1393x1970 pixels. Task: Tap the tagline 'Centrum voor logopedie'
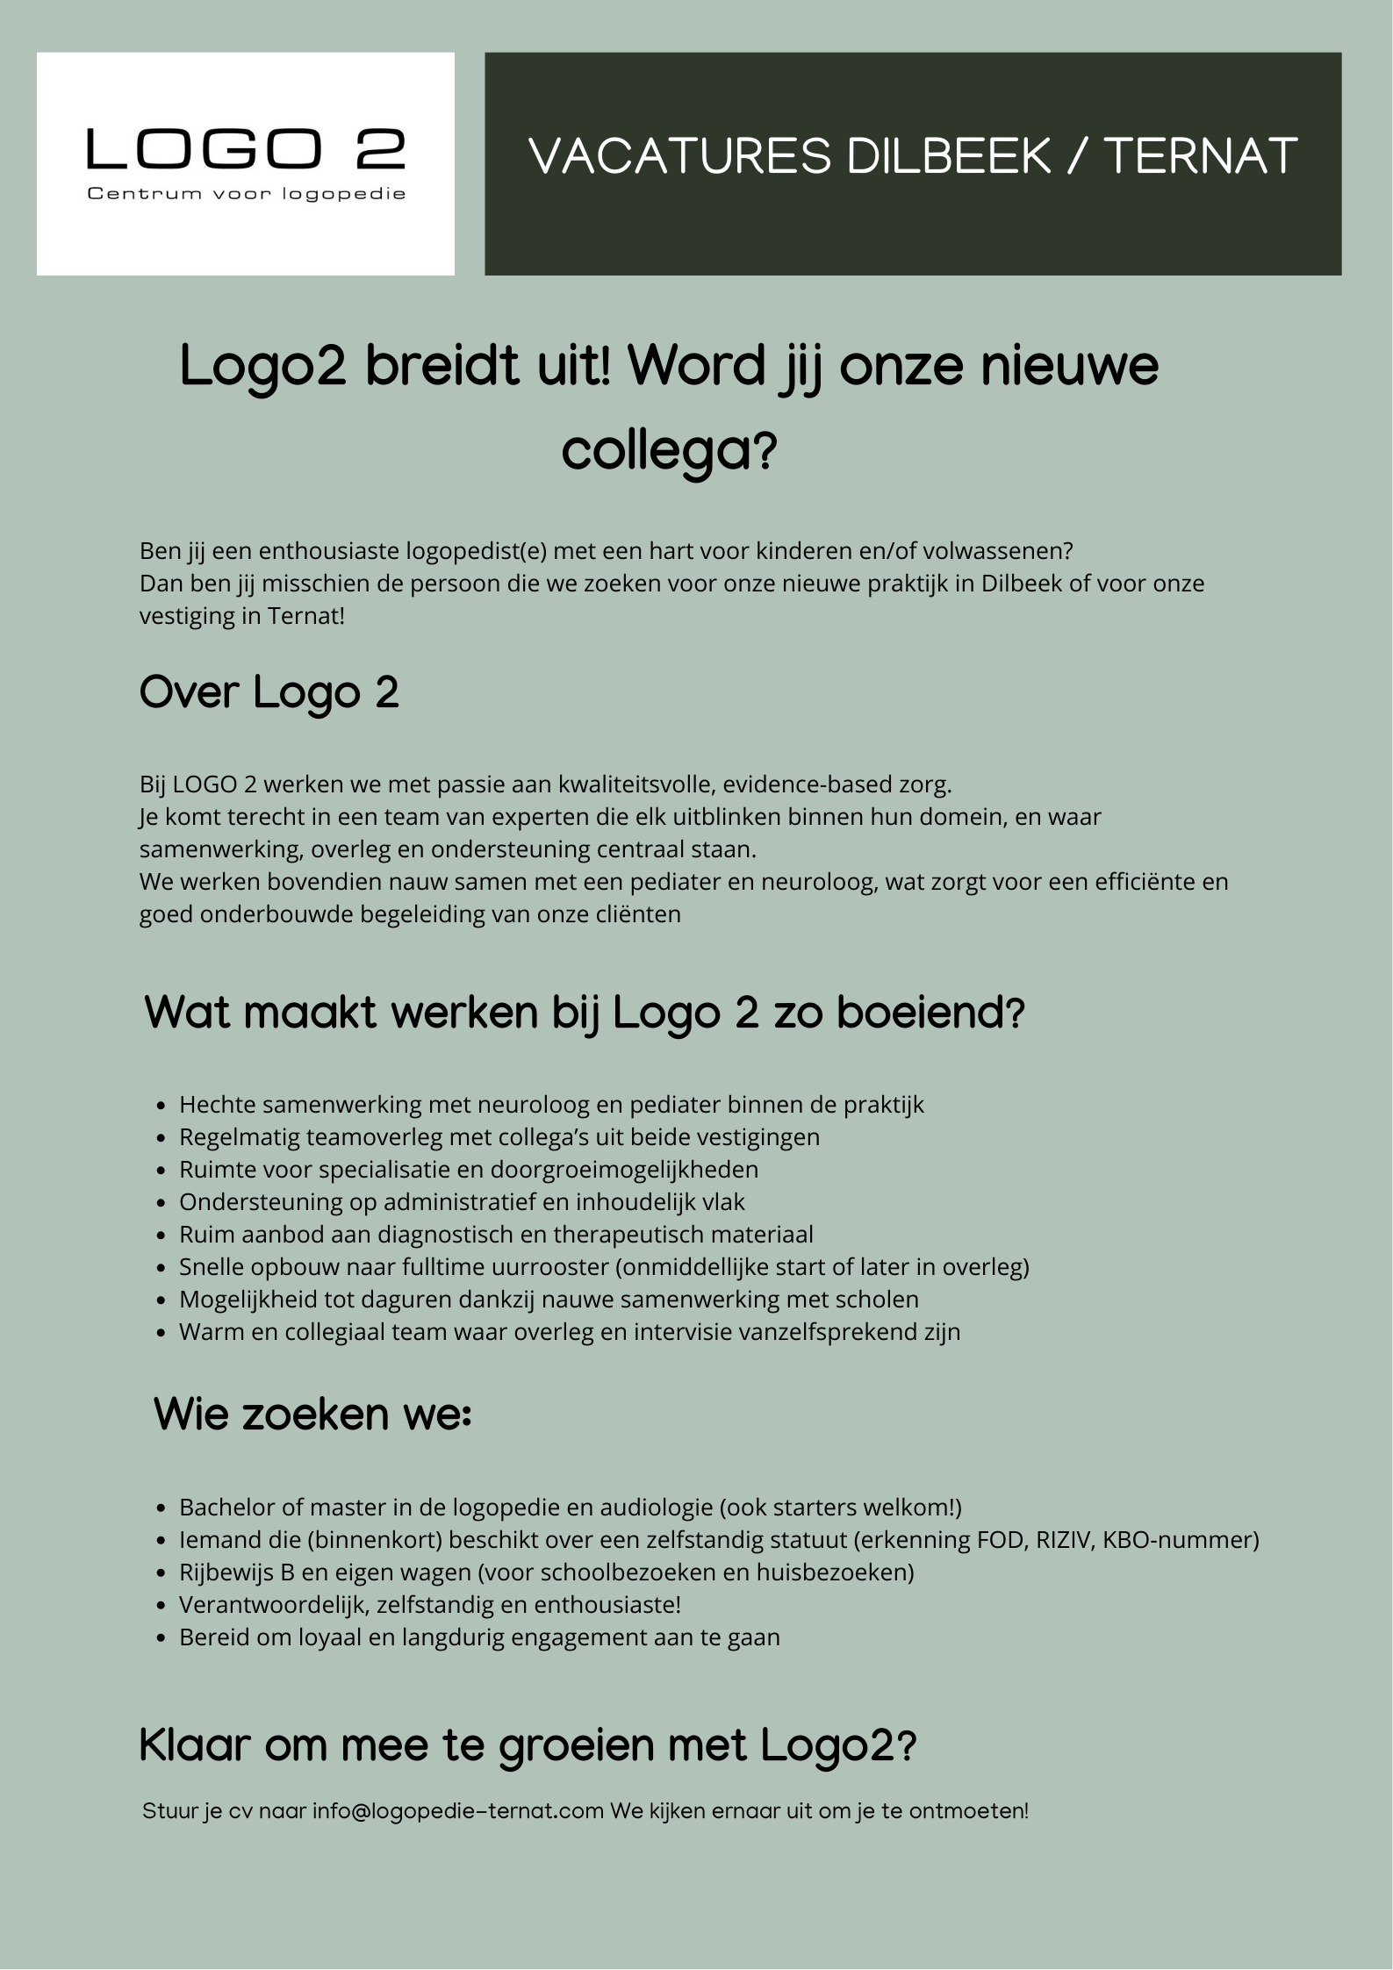(246, 194)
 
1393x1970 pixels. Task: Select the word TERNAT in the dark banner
(1200, 157)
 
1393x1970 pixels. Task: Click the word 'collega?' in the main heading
(670, 452)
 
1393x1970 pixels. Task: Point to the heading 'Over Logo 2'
(269, 693)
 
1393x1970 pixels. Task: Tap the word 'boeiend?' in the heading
(930, 1014)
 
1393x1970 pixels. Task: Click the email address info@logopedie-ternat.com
(458, 1811)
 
